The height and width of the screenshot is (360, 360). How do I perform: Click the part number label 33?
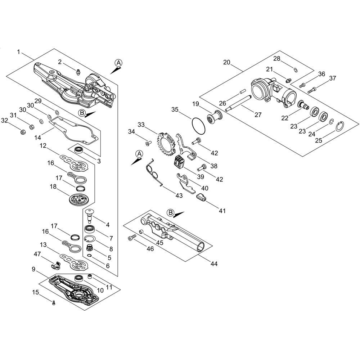pyautogui.click(x=141, y=125)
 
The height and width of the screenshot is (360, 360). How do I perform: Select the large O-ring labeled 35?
pyautogui.click(x=198, y=126)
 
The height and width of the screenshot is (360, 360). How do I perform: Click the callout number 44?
pyautogui.click(x=214, y=264)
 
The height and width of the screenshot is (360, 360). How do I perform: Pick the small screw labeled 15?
pyautogui.click(x=54, y=303)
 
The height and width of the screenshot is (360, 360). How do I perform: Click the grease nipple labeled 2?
pyautogui.click(x=78, y=71)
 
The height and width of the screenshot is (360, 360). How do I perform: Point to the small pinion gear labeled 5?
pyautogui.click(x=89, y=248)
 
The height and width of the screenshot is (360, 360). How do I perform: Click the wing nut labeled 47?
pyautogui.click(x=55, y=265)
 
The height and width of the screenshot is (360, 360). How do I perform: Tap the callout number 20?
pyautogui.click(x=227, y=62)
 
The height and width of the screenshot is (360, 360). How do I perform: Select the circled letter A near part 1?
pyautogui.click(x=118, y=63)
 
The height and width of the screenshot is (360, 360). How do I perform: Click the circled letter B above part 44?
pyautogui.click(x=170, y=213)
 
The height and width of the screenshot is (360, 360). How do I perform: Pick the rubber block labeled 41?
pyautogui.click(x=201, y=197)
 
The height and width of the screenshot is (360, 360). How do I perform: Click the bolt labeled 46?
pyautogui.click(x=132, y=237)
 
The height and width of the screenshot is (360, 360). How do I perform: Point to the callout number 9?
pyautogui.click(x=34, y=269)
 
